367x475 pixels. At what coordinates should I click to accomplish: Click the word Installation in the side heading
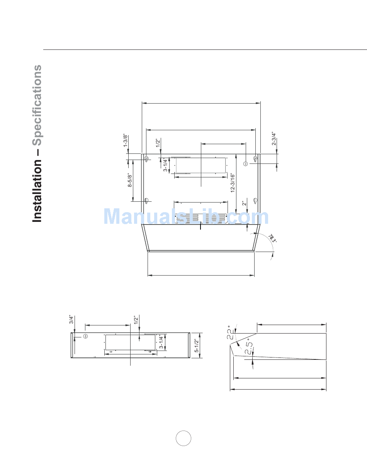tap(37, 191)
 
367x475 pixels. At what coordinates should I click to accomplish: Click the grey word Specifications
tap(37, 106)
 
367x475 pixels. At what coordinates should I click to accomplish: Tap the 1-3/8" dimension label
tap(126, 140)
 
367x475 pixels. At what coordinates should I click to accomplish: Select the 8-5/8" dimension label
tap(130, 180)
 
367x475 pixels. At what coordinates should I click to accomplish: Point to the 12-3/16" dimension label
tap(233, 183)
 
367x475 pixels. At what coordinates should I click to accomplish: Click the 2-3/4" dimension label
tap(274, 138)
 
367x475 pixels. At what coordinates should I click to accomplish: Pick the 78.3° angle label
tap(272, 238)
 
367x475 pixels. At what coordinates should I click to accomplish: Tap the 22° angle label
tap(231, 332)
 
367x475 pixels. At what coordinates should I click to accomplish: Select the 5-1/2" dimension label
tap(197, 346)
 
